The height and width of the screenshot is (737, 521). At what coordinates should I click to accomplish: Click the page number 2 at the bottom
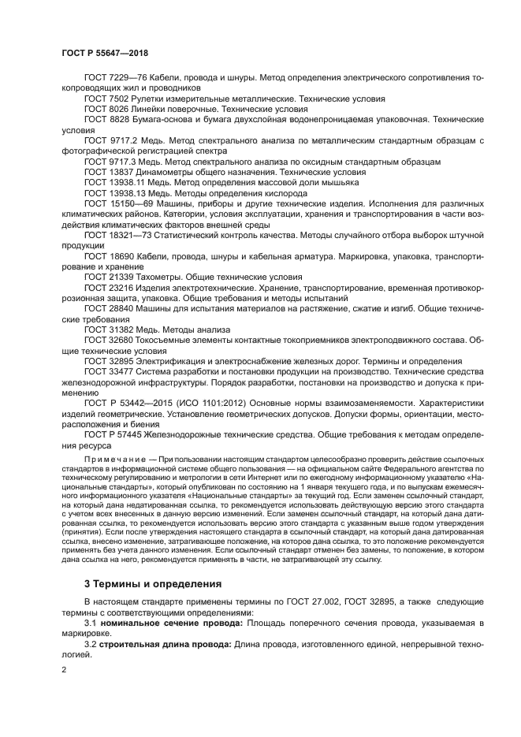pyautogui.click(x=65, y=670)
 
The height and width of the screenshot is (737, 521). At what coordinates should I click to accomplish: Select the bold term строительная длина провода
pyautogui.click(x=165, y=645)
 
